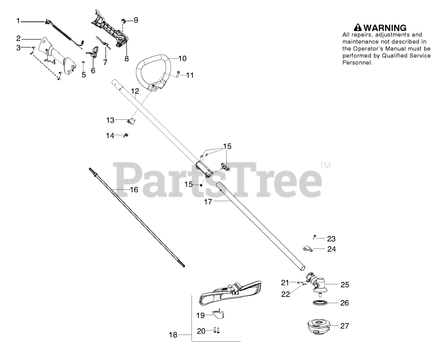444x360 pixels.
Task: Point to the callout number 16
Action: tap(134, 190)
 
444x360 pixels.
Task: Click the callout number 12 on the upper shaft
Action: tap(135, 91)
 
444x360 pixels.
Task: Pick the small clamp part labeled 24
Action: tap(306, 249)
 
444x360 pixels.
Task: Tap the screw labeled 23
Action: tap(314, 237)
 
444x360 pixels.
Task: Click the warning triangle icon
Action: tap(358, 27)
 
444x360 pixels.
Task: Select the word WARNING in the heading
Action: tap(385, 28)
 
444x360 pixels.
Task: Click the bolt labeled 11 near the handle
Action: tap(178, 74)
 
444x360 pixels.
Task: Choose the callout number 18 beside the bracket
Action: tap(173, 335)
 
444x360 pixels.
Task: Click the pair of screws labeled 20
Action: tap(216, 330)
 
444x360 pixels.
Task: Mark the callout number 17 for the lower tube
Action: tap(208, 201)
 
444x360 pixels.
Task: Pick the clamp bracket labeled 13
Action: tap(131, 121)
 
